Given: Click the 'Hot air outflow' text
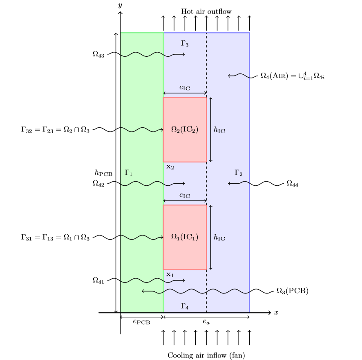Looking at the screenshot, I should coord(206,11).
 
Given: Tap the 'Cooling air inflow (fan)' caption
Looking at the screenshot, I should coord(206,355).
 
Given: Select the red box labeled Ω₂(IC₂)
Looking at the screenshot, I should coord(185,130).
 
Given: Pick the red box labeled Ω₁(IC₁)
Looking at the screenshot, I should coord(185,237).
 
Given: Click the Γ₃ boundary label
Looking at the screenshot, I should coord(184,43).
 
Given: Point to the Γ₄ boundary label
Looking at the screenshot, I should coord(184,305).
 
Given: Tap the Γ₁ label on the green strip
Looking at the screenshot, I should coord(129,173).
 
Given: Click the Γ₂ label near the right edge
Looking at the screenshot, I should coord(239,173).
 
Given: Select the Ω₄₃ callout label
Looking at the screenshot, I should coord(98,54).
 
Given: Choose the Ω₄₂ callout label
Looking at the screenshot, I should coord(98,184).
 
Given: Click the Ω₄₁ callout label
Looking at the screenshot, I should coord(98,280).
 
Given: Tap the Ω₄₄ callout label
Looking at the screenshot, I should coord(292,184).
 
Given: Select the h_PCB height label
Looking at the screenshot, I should coord(103,173).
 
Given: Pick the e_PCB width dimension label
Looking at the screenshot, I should coord(142,322).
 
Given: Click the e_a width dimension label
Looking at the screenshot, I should coord(206,322).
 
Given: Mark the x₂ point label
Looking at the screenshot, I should coord(170,167).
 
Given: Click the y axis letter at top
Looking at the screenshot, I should coord(120,5).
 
